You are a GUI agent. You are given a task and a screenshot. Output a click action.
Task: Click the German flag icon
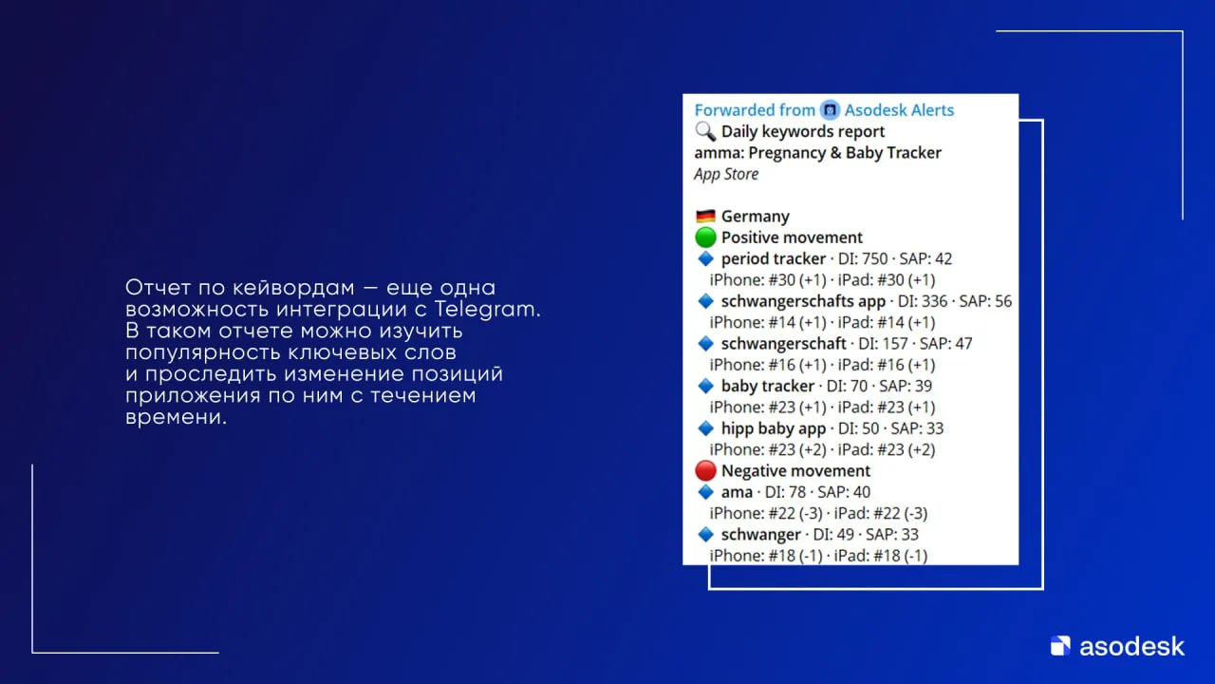pos(705,216)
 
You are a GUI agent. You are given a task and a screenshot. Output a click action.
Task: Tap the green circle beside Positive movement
pos(705,237)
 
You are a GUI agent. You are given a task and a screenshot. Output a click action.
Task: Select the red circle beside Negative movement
pos(705,470)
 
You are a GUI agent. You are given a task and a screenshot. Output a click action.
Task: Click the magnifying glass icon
pos(705,131)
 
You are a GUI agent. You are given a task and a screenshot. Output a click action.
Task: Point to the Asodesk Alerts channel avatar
pos(830,110)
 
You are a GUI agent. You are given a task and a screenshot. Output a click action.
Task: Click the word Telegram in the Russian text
pos(487,310)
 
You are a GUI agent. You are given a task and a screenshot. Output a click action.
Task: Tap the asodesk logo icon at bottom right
pos(1060,645)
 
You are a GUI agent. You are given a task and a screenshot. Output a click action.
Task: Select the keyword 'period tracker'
pos(773,259)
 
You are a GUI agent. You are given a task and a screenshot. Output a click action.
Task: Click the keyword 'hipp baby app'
pos(773,428)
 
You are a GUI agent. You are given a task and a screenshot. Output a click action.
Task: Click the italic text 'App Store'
pos(726,174)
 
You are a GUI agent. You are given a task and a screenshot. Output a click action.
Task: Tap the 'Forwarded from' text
pos(755,110)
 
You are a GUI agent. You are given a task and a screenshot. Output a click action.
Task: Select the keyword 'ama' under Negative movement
pos(737,492)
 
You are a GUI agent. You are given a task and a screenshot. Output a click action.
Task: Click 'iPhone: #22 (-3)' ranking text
pos(765,514)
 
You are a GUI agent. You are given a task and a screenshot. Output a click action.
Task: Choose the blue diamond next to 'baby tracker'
pos(705,386)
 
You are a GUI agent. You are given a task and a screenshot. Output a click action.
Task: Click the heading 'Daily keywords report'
pos(803,132)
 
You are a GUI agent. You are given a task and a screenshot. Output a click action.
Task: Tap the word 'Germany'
pos(755,217)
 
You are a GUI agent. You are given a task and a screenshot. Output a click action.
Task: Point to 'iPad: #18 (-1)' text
pos(880,556)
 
